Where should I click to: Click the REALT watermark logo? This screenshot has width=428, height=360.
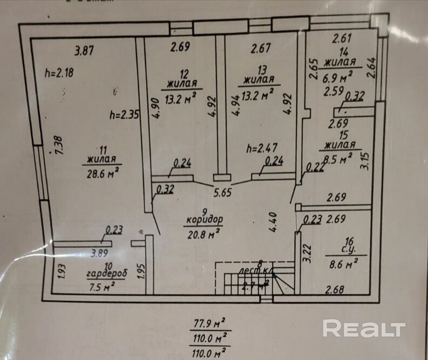(x=364, y=328)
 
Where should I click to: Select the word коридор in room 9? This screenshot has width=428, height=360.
(x=205, y=220)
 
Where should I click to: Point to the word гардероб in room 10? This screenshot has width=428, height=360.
(x=106, y=274)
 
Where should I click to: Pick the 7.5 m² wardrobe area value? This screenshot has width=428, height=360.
(x=102, y=286)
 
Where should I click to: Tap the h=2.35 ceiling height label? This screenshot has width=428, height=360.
(x=125, y=114)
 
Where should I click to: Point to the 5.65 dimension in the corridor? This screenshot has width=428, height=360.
(x=222, y=192)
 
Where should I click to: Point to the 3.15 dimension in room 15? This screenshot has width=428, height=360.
(x=365, y=161)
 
